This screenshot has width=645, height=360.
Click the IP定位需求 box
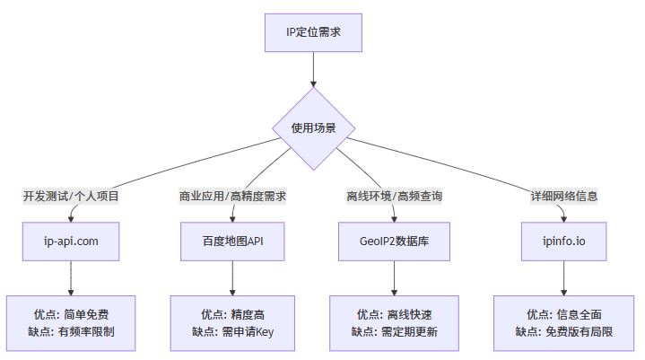pos(313,32)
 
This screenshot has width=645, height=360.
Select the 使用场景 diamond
pos(313,128)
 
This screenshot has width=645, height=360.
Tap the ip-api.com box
pos(71,241)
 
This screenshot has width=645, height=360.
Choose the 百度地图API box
pos(233,241)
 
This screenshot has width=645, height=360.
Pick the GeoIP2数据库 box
pos(395,241)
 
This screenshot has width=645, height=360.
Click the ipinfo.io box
pos(564,241)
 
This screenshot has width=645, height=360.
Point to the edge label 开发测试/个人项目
pos(71,195)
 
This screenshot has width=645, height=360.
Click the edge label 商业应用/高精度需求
pos(233,195)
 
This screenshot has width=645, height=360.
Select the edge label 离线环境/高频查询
pos(395,195)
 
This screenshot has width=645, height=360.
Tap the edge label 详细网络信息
pos(564,195)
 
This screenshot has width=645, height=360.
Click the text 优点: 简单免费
pos(71,314)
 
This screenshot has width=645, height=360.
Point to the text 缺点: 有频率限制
pos(71,331)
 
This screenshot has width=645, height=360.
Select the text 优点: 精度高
pos(233,314)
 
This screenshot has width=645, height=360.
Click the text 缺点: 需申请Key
pos(233,331)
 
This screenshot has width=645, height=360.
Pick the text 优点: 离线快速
pos(395,314)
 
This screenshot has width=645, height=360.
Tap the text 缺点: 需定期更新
pos(395,331)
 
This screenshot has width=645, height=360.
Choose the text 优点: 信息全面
pos(564,314)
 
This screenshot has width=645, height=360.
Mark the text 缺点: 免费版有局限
pos(564,331)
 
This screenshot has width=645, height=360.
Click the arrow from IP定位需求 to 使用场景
pos(313,68)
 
